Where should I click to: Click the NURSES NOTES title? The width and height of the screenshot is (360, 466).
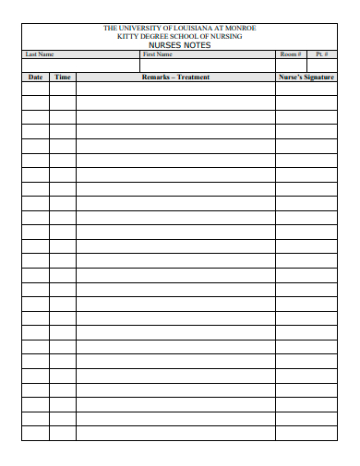[179, 45]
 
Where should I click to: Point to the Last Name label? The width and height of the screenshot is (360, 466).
[40, 54]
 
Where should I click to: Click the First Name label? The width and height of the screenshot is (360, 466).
[157, 54]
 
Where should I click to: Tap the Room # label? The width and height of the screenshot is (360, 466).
[291, 54]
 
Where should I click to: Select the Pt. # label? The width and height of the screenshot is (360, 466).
[321, 54]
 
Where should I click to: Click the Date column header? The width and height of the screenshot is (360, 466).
[35, 78]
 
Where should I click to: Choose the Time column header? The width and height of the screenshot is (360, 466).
[62, 78]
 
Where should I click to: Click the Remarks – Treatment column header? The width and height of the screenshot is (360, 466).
[175, 78]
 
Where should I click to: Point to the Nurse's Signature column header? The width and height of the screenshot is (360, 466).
[306, 78]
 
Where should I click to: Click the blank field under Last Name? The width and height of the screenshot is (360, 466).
[79, 66]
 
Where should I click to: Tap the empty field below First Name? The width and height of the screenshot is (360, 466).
[207, 66]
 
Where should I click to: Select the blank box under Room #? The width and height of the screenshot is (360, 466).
[291, 66]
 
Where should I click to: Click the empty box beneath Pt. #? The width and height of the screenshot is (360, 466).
[321, 66]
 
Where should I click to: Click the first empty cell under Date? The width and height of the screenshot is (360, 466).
[35, 90]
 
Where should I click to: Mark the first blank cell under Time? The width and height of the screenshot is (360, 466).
[62, 90]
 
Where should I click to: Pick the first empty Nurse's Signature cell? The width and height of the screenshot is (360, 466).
[306, 90]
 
